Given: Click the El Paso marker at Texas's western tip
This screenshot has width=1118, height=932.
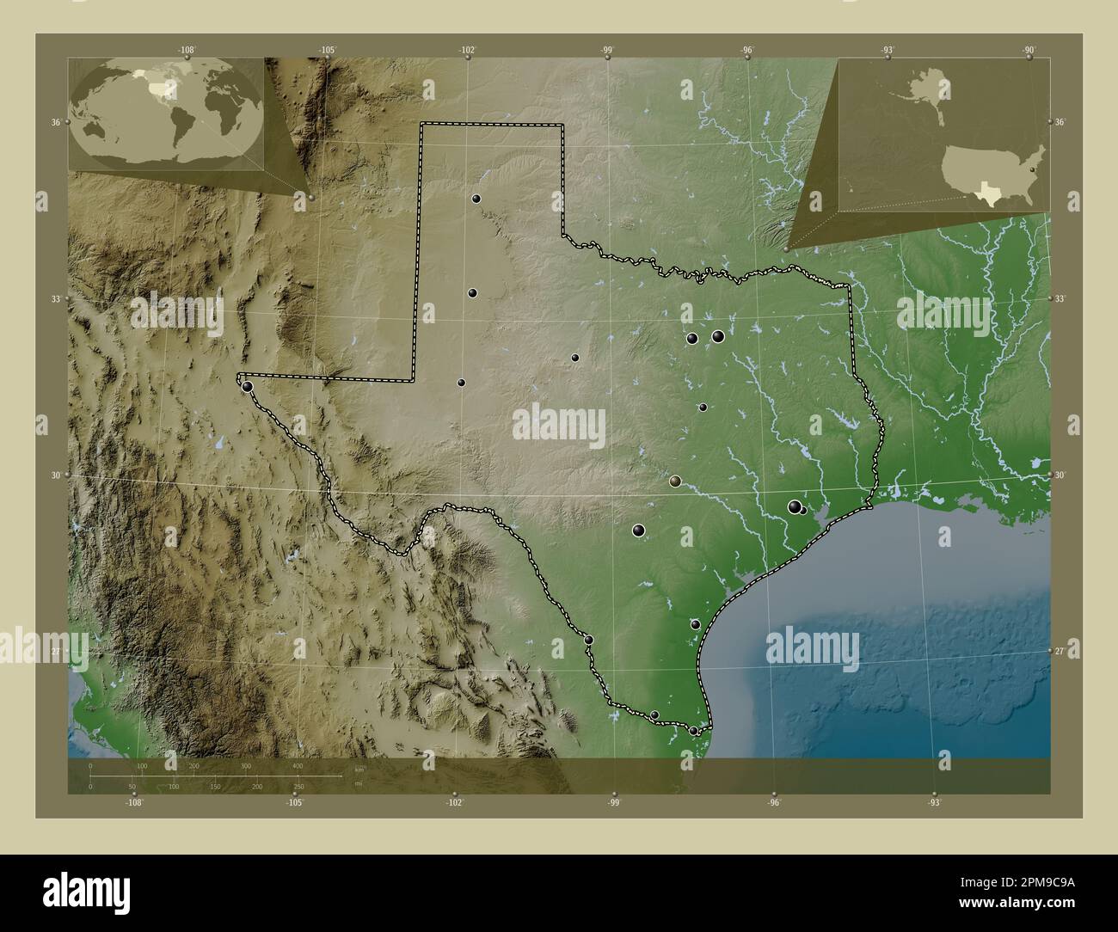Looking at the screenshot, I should [x=248, y=386].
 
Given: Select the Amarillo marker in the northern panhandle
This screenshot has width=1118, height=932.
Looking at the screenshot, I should [x=476, y=199].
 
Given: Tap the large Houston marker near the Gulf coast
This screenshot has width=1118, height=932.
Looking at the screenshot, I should [x=795, y=507].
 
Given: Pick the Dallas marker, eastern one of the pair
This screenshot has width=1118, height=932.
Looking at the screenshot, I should [x=718, y=336].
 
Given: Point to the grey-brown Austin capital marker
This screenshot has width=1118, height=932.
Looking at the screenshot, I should [x=675, y=482].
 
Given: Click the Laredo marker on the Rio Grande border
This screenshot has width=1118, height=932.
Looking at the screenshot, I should [x=588, y=640].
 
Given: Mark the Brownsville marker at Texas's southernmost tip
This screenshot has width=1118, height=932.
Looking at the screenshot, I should [x=694, y=731].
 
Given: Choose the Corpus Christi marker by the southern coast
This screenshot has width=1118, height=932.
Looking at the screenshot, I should [x=695, y=624].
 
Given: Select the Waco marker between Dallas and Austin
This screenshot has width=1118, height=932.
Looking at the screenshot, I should [x=703, y=408].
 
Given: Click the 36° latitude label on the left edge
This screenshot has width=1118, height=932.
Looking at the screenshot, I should [x=55, y=123].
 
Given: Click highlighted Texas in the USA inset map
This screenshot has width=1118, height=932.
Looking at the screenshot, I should [x=993, y=194].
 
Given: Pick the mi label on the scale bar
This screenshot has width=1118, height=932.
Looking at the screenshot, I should [x=358, y=783].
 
